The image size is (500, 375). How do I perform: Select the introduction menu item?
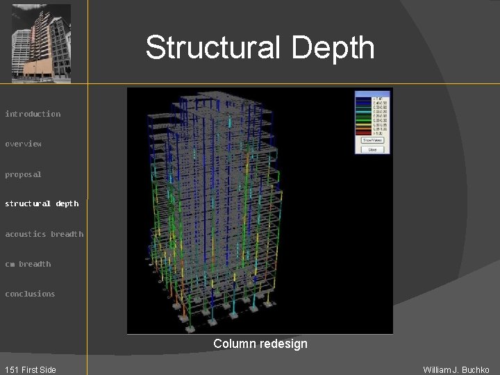[x=33, y=114]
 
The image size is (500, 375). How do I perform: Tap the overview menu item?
[x=24, y=144]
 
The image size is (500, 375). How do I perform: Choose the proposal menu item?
[x=24, y=174]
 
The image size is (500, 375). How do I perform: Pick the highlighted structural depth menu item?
[x=42, y=203]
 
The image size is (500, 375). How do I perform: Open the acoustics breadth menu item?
[x=44, y=234]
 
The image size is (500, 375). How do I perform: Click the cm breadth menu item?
[x=28, y=264]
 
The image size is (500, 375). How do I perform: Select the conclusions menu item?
[x=30, y=294]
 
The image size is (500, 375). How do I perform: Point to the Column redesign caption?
[x=260, y=344]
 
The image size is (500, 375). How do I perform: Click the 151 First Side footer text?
[x=30, y=369]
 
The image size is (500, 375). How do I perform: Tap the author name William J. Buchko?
[x=456, y=369]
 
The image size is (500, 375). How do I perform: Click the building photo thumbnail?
[x=42, y=43]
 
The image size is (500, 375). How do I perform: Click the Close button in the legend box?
[x=373, y=149]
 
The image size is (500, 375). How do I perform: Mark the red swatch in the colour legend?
[x=363, y=133]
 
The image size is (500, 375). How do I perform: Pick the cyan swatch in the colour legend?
[x=363, y=111]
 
